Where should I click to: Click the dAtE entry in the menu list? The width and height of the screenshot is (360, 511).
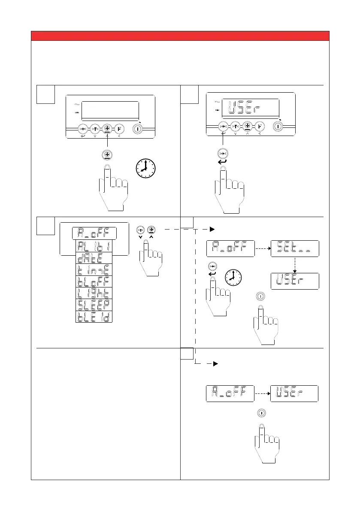[x=94, y=257]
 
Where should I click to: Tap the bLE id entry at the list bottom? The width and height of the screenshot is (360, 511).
[x=94, y=316]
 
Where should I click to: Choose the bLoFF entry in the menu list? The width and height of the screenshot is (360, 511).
[x=94, y=281]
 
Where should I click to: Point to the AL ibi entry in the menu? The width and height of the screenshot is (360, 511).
[x=94, y=246]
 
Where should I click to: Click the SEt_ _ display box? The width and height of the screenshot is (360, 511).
[x=295, y=248]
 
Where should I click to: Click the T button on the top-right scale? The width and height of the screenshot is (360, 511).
[x=235, y=126]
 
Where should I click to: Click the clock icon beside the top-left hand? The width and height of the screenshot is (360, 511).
[x=146, y=168]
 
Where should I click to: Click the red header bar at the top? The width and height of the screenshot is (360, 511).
[x=180, y=35]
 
